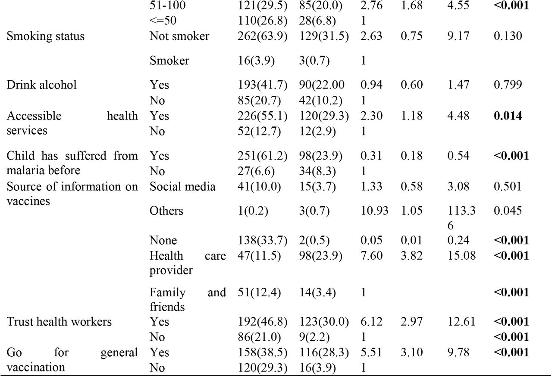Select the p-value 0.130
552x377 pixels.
(508, 36)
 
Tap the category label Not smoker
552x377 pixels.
(179, 36)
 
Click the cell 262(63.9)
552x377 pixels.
(263, 36)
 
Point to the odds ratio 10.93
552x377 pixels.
(375, 210)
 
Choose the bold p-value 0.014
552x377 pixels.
(508, 116)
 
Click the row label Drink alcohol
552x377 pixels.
(42, 85)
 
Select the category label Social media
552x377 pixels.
(182, 186)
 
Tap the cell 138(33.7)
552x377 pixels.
(263, 241)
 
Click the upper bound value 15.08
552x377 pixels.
(461, 255)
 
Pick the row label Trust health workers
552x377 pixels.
(59, 321)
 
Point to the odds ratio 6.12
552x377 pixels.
(371, 321)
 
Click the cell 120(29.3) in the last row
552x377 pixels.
(263, 368)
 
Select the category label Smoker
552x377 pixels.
(169, 61)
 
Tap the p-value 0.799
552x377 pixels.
(508, 85)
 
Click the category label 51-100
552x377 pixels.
(168, 6)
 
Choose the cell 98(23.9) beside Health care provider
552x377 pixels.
(320, 256)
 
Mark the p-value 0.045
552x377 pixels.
(508, 210)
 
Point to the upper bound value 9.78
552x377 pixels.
(458, 352)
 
